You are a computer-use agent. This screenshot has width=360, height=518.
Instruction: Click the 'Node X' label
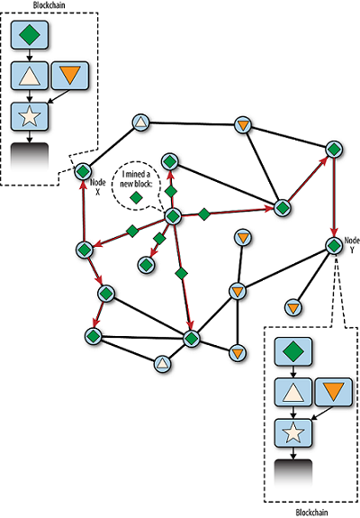tap(98, 187)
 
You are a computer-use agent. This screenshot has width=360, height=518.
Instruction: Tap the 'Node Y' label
tap(352, 245)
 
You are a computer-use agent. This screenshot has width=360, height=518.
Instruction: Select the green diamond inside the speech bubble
tap(136, 197)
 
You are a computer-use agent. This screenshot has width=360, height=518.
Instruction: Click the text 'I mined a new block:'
tap(136, 179)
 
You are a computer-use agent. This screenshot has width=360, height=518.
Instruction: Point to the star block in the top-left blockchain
tap(30, 116)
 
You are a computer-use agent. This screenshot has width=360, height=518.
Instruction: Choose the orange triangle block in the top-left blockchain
tap(70, 76)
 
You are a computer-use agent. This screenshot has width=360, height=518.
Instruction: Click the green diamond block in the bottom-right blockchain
tap(293, 351)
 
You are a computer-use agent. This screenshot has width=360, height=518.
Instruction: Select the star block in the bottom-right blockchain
tap(293, 433)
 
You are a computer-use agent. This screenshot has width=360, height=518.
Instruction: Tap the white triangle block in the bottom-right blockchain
tap(293, 392)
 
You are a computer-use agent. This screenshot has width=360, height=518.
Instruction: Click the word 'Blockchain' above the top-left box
tap(49, 5)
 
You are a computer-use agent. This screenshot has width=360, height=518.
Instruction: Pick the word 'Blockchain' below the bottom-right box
tap(311, 513)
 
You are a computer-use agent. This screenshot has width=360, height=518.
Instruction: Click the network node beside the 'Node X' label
tap(83, 171)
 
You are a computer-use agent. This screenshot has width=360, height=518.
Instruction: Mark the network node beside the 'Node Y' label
tap(334, 245)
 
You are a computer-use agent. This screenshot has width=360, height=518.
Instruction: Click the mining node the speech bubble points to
tap(173, 216)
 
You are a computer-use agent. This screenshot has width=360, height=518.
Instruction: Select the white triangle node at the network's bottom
tap(163, 364)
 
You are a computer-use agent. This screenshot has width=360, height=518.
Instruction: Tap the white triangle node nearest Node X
tap(141, 123)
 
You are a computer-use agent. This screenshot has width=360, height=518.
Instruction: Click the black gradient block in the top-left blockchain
tap(30, 157)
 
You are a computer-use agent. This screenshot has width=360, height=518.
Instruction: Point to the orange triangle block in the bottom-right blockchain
tap(334, 392)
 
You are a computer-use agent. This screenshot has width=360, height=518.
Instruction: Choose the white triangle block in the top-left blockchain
tap(30, 76)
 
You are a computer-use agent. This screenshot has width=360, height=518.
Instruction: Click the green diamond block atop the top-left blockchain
tap(30, 35)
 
